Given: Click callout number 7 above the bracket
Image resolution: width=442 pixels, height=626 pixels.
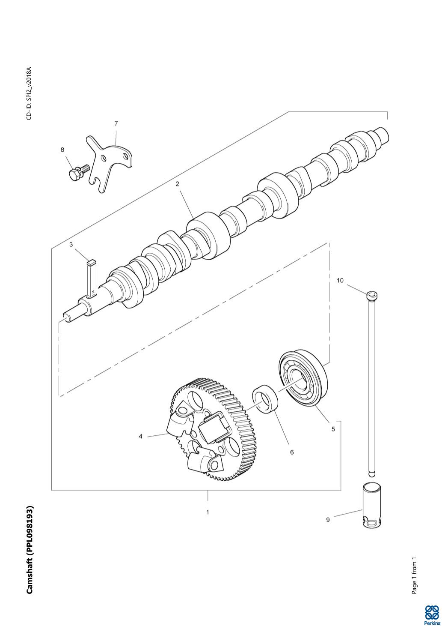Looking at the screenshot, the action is point(116,123).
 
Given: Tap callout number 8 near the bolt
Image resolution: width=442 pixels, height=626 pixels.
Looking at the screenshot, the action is point(62,150).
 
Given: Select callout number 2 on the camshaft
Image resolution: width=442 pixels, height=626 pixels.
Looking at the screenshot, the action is point(177,184).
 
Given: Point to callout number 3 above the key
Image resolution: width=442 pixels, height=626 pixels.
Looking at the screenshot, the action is point(71,245).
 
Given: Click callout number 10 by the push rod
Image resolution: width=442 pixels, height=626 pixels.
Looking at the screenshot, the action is point(340,280).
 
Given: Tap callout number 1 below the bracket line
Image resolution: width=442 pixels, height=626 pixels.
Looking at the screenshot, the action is point(208,512).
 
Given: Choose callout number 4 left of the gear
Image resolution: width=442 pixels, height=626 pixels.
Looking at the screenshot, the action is point(141,436).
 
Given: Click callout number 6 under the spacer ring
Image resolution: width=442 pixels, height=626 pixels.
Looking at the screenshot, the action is point(292,452).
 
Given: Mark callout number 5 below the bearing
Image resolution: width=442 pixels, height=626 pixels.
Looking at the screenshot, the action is point(333,429).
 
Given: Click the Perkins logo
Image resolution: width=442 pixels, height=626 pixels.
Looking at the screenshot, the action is point(432,614).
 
